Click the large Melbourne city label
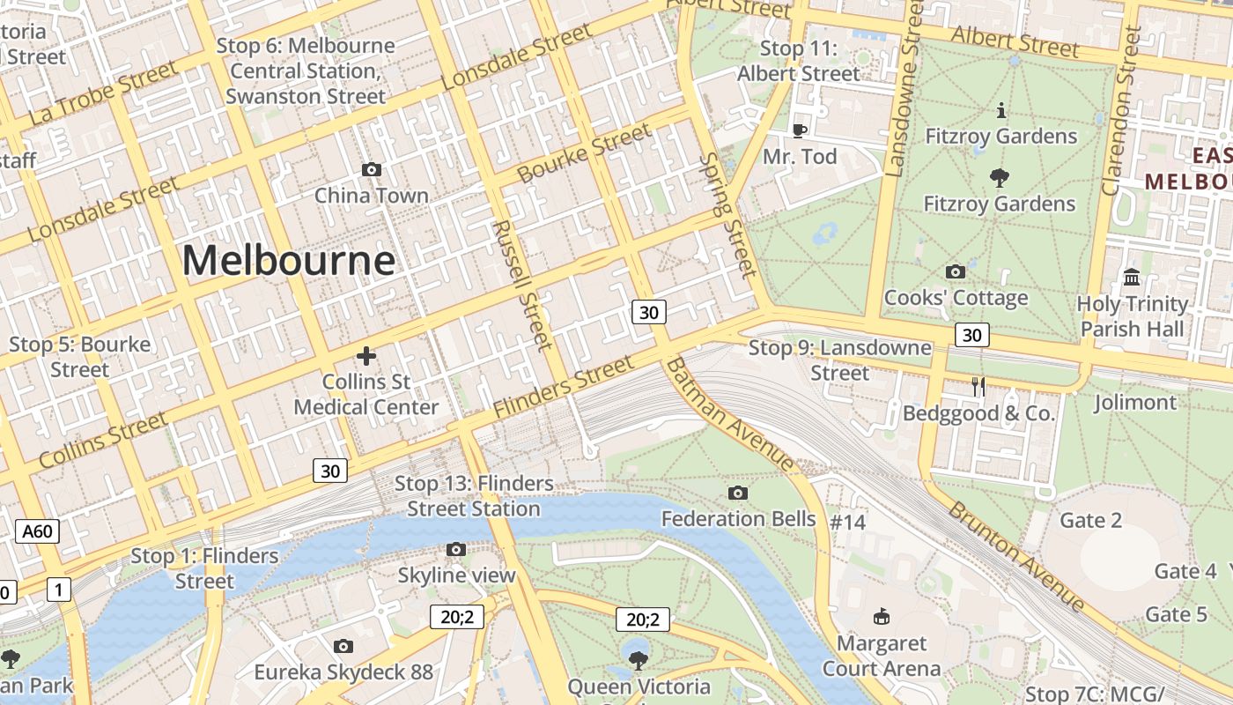tap(289, 261)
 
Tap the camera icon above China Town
tap(372, 169)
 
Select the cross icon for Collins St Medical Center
tap(366, 356)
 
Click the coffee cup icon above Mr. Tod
tap(799, 130)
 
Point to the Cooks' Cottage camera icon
tap(955, 271)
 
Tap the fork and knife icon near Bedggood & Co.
tap(978, 386)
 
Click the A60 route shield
tap(38, 531)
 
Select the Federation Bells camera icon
tap(738, 493)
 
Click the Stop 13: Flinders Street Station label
tap(474, 496)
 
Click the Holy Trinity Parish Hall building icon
tap(1132, 278)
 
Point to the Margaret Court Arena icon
tap(881, 616)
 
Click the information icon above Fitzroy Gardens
tap(1000, 111)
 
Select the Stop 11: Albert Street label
tap(798, 62)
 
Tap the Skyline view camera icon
tap(455, 550)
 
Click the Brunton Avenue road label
tap(1016, 556)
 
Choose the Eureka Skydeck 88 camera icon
tap(343, 647)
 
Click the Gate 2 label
tap(1090, 520)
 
